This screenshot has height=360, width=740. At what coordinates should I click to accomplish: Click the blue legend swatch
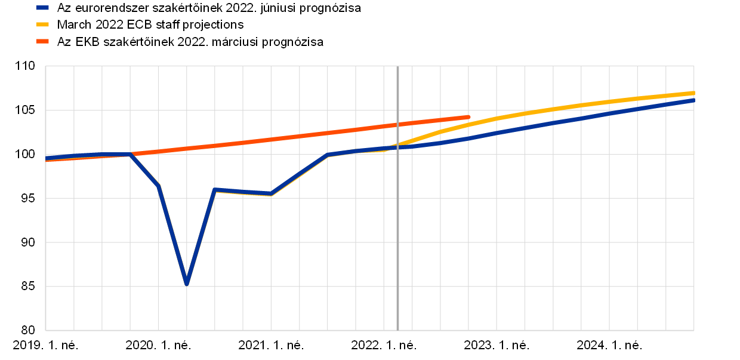pos(42,8)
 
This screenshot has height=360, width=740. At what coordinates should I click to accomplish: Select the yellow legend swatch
pos(42,24)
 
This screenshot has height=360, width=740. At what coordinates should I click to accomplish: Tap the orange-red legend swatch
pos(42,41)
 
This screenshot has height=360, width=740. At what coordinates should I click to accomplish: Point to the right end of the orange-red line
pos(468,116)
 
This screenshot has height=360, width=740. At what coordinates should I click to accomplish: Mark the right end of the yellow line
pos(693,93)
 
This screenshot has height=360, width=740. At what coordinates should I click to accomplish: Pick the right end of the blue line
pos(693,100)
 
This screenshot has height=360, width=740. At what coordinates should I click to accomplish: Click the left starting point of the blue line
pos(47,158)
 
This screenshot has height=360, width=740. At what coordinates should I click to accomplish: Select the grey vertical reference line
pos(397,239)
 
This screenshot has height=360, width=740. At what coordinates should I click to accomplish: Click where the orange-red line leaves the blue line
pos(131,154)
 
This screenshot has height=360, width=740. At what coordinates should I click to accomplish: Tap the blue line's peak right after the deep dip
pos(215,189)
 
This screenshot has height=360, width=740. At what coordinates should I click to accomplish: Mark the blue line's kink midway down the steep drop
pos(158,185)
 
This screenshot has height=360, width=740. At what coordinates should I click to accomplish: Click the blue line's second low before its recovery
pos(271,194)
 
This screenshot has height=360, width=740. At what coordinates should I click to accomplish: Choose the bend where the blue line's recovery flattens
pos(328,155)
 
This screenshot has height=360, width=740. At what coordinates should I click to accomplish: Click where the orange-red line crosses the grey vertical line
pos(397,124)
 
